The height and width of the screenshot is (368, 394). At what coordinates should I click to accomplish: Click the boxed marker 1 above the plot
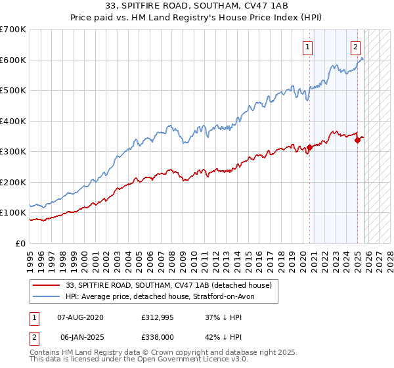coord(308,47)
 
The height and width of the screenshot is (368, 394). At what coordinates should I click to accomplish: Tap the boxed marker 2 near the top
coord(355,47)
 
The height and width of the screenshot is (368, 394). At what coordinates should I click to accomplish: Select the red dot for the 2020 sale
coord(310,148)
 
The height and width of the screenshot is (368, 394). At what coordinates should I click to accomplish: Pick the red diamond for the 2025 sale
coord(357,139)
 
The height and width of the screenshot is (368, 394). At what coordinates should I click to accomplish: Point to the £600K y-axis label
coord(13,60)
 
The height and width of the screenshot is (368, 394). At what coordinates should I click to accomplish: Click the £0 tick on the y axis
coord(21,243)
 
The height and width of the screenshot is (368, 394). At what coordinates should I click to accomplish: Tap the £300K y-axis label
coord(13,152)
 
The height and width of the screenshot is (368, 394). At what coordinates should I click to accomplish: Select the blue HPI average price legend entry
coord(164,296)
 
